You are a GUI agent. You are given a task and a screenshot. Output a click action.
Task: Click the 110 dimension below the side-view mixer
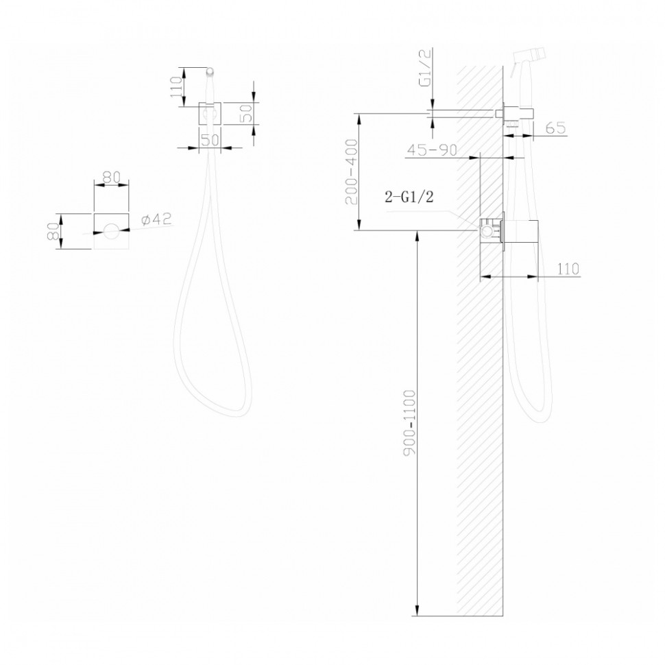point(568,269)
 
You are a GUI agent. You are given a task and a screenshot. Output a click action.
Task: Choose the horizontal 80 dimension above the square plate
point(111,177)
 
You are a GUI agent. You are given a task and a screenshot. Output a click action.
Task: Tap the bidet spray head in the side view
point(528,56)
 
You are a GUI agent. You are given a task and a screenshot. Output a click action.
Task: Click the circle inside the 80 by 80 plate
point(110,231)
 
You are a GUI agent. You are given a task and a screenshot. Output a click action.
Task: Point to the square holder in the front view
point(210,114)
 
